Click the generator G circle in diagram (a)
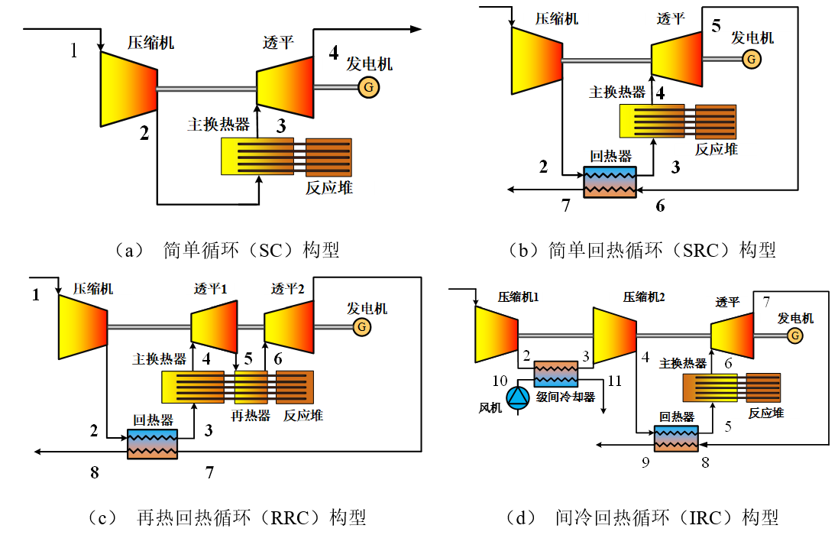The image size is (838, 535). [x=369, y=88]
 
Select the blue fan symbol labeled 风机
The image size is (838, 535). [x=519, y=396]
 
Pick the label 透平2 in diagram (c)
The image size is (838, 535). [x=288, y=290]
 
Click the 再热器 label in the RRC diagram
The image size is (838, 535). [x=251, y=416]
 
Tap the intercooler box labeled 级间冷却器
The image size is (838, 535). [x=555, y=373]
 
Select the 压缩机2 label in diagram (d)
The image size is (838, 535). [x=644, y=297]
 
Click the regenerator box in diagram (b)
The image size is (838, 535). [x=610, y=182]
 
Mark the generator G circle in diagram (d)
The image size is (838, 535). [x=794, y=335]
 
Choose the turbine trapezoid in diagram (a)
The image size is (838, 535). [x=284, y=85]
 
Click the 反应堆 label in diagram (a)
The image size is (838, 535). [x=329, y=187]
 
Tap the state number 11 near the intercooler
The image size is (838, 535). [x=615, y=380]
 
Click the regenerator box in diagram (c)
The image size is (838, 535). [x=152, y=443]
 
